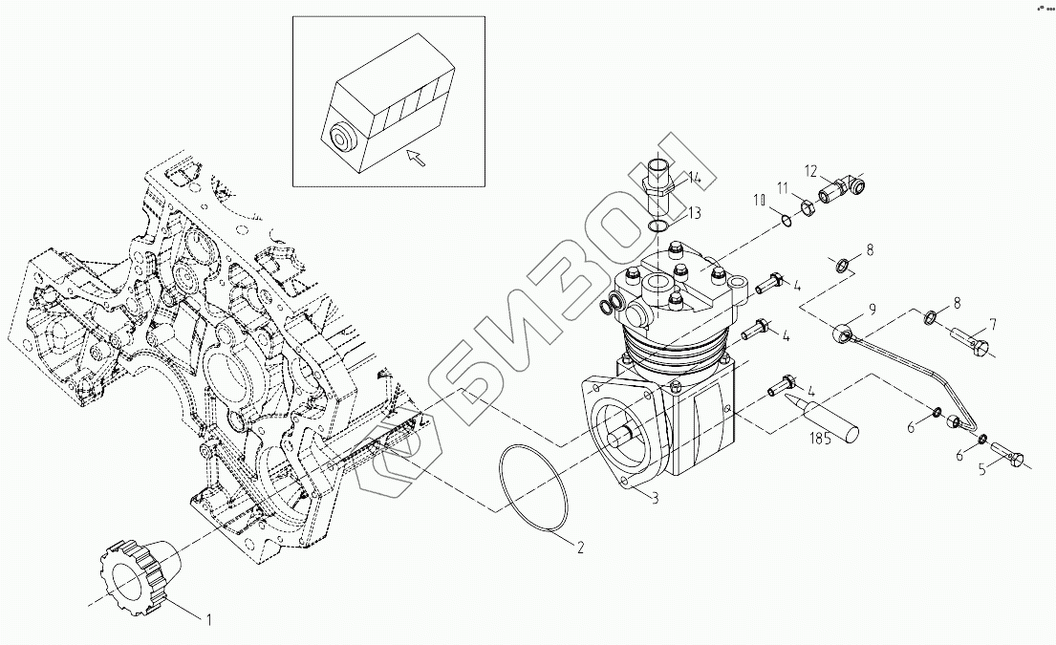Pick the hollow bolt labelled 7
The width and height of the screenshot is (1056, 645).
click(970, 339)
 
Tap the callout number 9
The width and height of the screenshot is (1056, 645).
click(872, 309)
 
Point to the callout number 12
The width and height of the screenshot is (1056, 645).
click(811, 172)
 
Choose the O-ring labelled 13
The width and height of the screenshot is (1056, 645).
click(657, 226)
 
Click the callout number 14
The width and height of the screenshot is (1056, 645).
click(695, 178)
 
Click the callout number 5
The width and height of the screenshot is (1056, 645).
click(981, 469)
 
